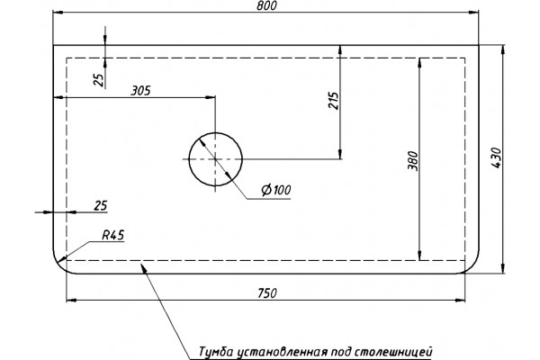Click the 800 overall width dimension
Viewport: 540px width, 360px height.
pyautogui.click(x=266, y=6)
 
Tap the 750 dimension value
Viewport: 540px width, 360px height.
pyautogui.click(x=267, y=293)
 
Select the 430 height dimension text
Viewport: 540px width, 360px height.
pyautogui.click(x=496, y=158)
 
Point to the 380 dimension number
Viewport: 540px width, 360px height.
pyautogui.click(x=412, y=160)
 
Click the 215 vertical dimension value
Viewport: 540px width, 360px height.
pyautogui.click(x=333, y=101)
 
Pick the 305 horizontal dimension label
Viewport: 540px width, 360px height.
pyautogui.click(x=140, y=91)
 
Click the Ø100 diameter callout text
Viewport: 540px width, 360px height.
pyautogui.click(x=276, y=190)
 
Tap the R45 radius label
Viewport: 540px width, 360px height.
pyautogui.click(x=113, y=236)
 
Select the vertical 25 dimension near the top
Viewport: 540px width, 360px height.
pyautogui.click(x=98, y=80)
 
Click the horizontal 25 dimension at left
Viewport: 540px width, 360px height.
pyautogui.click(x=101, y=206)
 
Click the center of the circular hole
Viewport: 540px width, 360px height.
pyautogui.click(x=216, y=159)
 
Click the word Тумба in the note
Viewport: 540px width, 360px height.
pyautogui.click(x=216, y=352)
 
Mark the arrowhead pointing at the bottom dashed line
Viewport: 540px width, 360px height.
pyautogui.click(x=143, y=267)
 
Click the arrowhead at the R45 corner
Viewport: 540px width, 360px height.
pyautogui.click(x=62, y=258)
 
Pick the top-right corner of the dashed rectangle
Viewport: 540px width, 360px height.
pyautogui.click(x=465, y=58)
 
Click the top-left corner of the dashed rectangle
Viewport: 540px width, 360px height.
pyautogui.click(x=67, y=58)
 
